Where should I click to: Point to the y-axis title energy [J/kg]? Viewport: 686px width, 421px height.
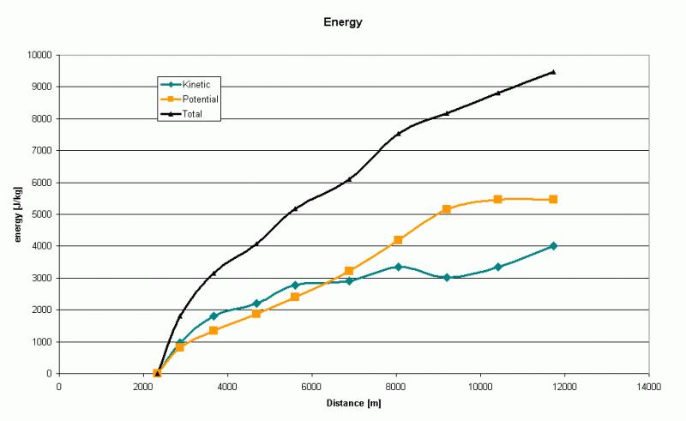17,214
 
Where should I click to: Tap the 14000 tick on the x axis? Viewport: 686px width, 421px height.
648,387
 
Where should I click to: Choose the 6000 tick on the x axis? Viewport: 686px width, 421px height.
311,387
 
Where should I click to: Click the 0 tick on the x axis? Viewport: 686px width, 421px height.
59,387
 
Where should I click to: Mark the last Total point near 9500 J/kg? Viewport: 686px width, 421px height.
553,72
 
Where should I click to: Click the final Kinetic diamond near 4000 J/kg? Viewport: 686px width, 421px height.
553,245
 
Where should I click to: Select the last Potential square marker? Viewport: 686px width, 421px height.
553,199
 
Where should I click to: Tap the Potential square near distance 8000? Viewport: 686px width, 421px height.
398,240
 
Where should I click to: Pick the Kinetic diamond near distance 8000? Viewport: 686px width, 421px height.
398,267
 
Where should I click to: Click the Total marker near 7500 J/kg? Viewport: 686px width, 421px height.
398,134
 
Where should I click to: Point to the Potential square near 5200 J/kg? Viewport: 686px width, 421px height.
446,208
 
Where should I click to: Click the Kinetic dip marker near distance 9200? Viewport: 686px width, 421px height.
446,277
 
